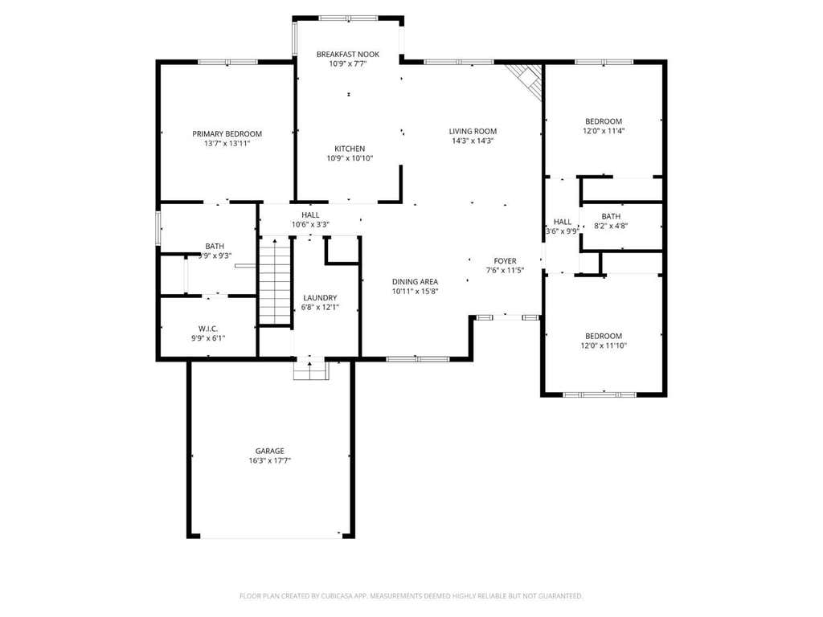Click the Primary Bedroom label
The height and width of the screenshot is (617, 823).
pos(227,134)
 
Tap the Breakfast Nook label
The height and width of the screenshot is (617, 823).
pos(347,54)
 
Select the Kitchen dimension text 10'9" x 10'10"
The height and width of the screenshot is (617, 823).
pos(350,158)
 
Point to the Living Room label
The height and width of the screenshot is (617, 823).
pos(473,131)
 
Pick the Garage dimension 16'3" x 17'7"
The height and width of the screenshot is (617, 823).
pos(270,460)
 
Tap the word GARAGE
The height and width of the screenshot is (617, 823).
pos(270,451)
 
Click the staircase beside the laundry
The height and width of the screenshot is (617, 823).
pos(275,281)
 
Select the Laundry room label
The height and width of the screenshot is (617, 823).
pos(320,297)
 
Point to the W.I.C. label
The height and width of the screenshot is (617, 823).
pos(208,329)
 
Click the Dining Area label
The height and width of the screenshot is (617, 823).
pos(415,282)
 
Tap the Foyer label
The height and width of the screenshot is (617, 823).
pos(505,261)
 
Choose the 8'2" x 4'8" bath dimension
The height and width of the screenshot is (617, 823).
pos(611,226)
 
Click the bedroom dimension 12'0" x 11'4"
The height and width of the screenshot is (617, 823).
pos(604,131)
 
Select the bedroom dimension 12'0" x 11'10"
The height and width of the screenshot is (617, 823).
pos(604,345)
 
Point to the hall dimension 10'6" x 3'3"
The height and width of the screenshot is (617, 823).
pos(310,225)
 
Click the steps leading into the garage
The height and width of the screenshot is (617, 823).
pos(311,370)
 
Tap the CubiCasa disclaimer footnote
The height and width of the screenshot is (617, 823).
pos(411,596)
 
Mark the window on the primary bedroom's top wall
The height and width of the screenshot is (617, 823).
pos(227,62)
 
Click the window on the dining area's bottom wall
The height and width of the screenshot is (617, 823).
pos(418,359)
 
